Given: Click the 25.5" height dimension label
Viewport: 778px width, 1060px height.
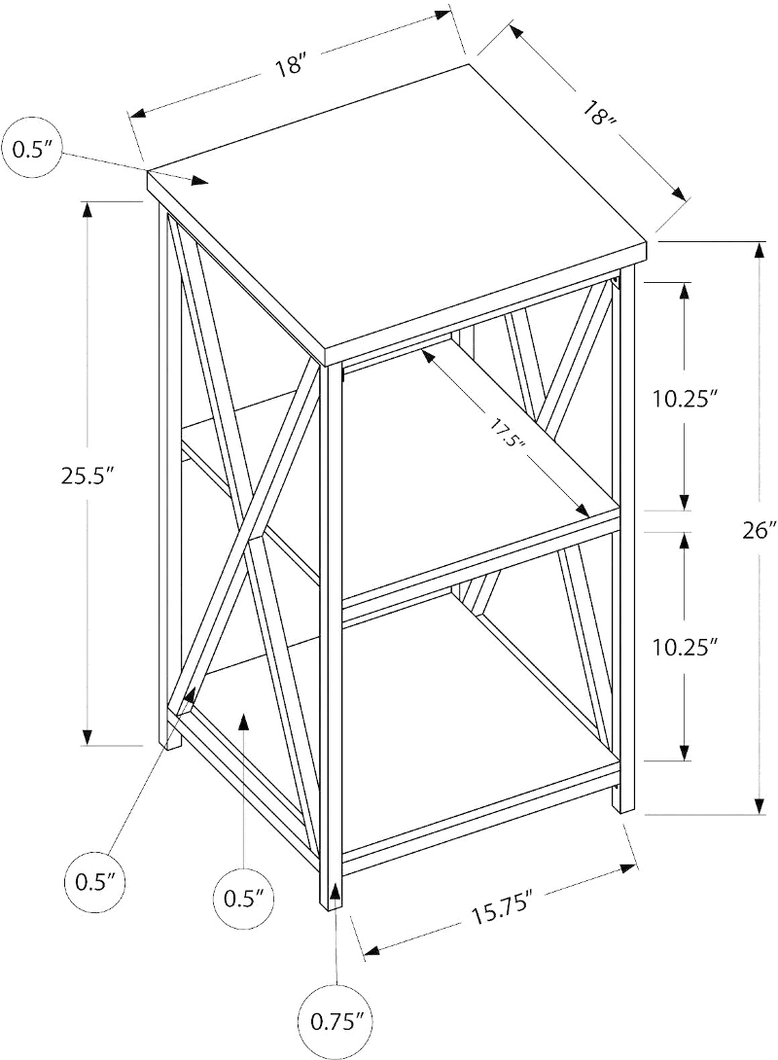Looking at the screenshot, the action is click(x=86, y=477).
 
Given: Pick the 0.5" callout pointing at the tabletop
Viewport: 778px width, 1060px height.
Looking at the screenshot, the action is click(x=33, y=150).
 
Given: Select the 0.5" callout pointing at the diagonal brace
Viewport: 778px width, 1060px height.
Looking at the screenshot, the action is click(x=92, y=882).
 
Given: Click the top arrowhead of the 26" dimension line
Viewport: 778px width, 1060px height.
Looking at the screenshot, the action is click(x=760, y=252).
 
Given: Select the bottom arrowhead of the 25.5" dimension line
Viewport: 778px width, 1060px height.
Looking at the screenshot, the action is click(x=88, y=735).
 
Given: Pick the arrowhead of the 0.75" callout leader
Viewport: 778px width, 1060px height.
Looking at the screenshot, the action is click(x=336, y=892).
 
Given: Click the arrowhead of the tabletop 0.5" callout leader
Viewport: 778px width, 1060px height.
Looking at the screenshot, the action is click(x=200, y=181).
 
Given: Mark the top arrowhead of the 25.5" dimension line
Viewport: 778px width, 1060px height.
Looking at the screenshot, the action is click(x=88, y=211).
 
